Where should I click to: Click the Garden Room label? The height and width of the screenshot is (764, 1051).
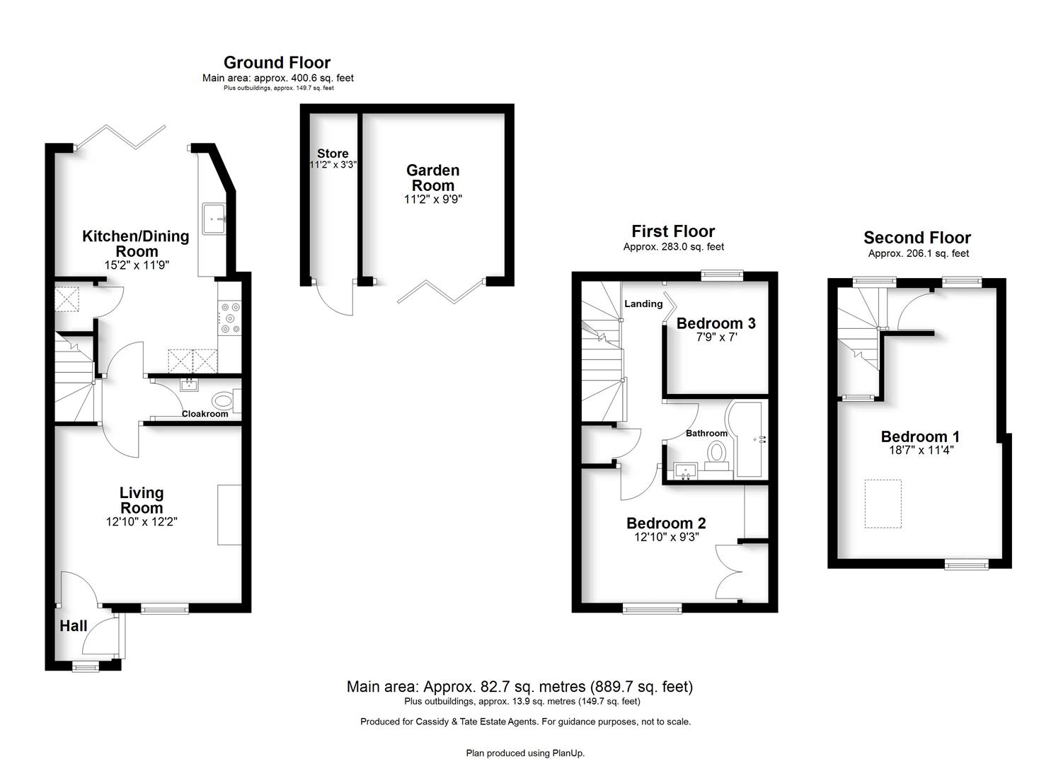coord(432,178)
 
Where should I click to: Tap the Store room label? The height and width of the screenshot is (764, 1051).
coord(333,154)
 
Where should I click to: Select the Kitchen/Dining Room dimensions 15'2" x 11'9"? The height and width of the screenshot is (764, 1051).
coord(137,265)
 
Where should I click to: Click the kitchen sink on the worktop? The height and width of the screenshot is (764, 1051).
coord(214,219)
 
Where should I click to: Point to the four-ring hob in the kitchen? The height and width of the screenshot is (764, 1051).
coord(230,318)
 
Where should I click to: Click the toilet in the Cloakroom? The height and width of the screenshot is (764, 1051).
coord(225,402)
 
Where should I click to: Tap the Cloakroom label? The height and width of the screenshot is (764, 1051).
coord(205,414)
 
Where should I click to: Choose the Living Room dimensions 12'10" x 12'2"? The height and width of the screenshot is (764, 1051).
coord(142,521)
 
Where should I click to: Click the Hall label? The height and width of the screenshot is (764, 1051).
coord(73,625)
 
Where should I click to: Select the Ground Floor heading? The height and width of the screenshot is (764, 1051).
coord(277,62)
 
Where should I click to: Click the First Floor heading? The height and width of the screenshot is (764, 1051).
coord(673,231)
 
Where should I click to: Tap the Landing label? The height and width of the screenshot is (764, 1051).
coord(643,304)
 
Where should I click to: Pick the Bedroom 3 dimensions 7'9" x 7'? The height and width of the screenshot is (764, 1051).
coord(716,337)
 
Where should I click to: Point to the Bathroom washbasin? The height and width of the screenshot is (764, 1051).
coord(686,470)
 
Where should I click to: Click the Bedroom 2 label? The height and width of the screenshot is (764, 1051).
coord(666,523)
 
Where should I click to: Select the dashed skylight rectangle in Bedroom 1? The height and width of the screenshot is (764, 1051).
coord(883,504)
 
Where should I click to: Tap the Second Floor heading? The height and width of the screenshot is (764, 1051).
coord(917,237)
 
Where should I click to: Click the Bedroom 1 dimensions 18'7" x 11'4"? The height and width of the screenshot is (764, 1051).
coord(921,450)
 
